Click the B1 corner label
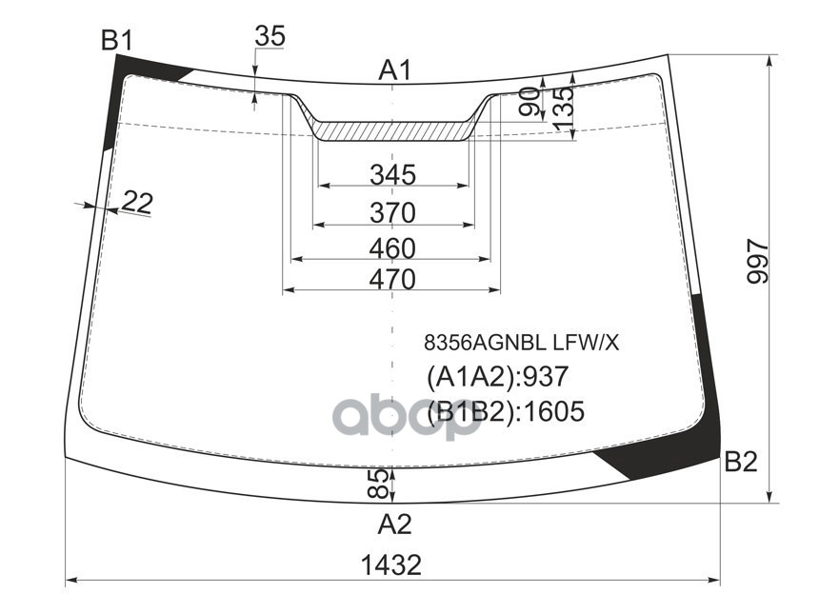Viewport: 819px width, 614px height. pos(117,41)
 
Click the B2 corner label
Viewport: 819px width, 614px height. pos(740,463)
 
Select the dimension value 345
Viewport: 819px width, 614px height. pos(393,174)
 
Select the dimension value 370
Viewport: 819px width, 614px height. pos(393,211)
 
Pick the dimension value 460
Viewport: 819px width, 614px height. pos(393,248)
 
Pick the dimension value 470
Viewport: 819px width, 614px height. pos(393,280)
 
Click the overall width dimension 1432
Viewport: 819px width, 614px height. pos(391,564)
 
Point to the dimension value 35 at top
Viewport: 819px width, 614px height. pos(270,36)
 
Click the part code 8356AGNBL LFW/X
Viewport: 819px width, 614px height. pos(521,343)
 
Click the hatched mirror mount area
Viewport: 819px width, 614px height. pos(392,129)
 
